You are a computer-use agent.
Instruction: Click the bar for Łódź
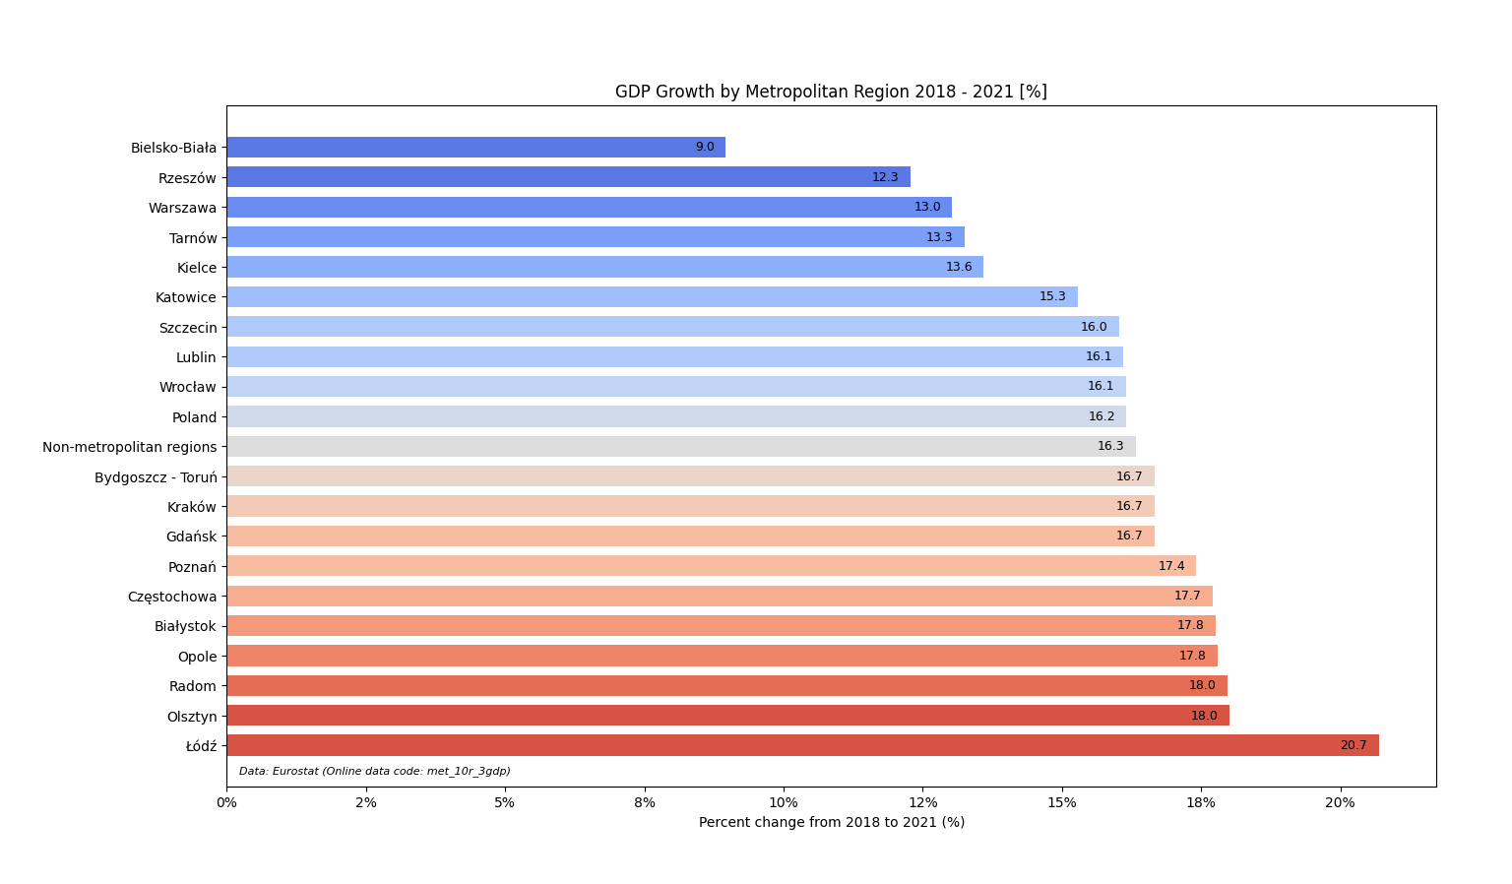[802, 745]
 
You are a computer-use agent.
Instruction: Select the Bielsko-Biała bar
[475, 148]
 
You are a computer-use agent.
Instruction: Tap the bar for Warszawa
[589, 208]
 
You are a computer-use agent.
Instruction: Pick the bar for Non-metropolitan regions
[680, 447]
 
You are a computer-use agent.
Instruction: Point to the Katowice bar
[652, 297]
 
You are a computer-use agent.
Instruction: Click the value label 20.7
[1353, 745]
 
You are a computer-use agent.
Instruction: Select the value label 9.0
[705, 148]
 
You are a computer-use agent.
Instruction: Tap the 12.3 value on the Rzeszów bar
[885, 177]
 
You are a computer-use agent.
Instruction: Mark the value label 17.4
[1171, 566]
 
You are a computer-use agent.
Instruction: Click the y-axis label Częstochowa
[172, 597]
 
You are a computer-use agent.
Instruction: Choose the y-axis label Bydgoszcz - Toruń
[156, 477]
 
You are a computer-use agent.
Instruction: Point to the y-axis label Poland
[194, 417]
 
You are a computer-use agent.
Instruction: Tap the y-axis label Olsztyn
[192, 717]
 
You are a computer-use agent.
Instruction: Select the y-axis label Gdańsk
[191, 537]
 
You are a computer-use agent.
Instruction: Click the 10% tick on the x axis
[784, 802]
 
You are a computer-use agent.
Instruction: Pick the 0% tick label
[226, 802]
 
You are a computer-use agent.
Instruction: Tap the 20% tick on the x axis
[1340, 802]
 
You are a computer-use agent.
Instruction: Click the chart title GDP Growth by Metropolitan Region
[831, 92]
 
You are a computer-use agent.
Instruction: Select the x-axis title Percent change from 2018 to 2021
[831, 822]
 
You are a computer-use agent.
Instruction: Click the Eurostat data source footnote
[374, 772]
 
